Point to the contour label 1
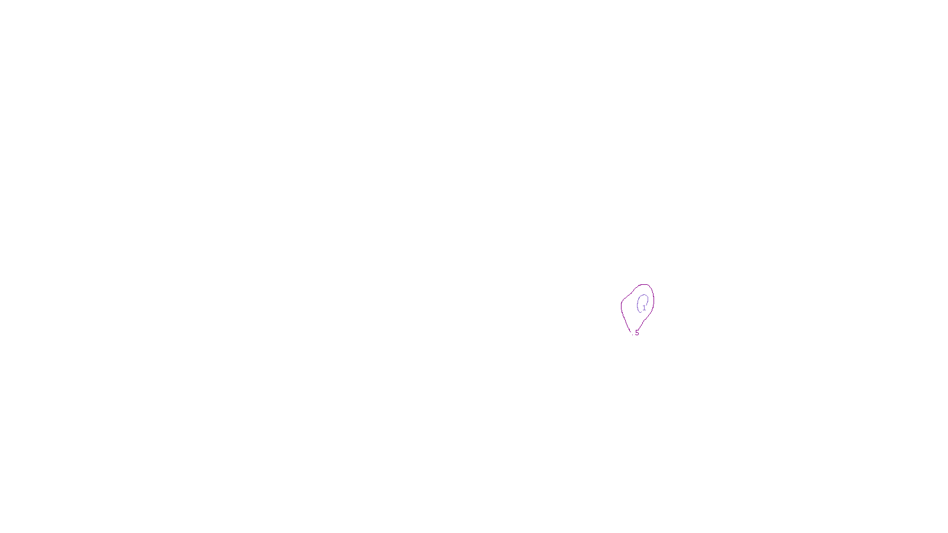644,308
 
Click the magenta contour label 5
637,333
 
